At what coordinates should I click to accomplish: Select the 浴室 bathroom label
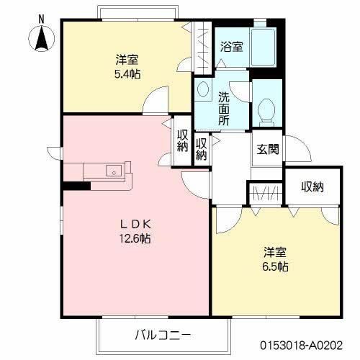click(232, 45)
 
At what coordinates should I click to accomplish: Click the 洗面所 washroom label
click(225, 107)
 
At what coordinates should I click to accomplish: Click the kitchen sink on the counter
click(113, 171)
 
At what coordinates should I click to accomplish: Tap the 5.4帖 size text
click(127, 73)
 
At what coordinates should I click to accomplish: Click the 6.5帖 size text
click(274, 266)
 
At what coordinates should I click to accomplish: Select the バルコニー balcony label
click(163, 335)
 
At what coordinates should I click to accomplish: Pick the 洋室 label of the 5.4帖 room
click(127, 58)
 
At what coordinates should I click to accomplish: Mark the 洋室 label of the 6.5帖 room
click(274, 252)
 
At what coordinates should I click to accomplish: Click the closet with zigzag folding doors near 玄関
click(264, 193)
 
